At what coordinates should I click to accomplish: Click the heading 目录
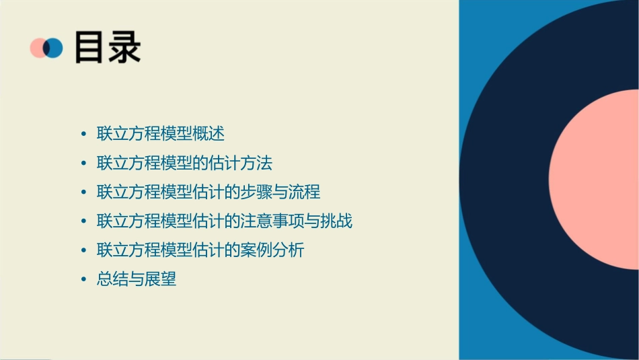coord(108,47)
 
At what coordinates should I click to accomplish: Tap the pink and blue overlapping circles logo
coord(46,48)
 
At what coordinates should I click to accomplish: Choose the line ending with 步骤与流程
coord(209,192)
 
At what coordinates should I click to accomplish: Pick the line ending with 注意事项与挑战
coord(225,221)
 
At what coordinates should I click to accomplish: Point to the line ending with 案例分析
coord(200,250)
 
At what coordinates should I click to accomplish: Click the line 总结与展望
coord(137,279)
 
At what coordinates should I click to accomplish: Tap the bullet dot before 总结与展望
coord(83,279)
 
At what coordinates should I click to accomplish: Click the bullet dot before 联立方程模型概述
coord(83,134)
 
